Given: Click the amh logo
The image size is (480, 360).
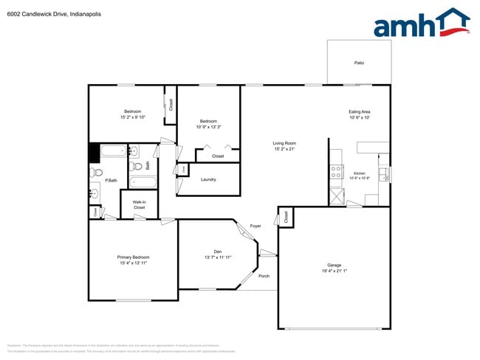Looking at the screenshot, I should click(421, 24).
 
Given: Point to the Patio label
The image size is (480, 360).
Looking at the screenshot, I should click(359, 63).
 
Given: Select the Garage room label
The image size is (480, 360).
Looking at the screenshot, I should click(334, 265).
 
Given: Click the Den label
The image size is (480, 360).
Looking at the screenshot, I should click(218, 252).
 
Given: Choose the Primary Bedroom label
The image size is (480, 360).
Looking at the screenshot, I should click(133, 257).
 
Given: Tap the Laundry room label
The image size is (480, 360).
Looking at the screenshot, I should click(208, 179).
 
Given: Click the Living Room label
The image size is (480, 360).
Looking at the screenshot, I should click(284, 143).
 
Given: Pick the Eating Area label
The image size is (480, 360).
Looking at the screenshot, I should click(359, 111).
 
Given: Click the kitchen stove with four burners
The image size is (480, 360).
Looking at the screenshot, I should click(336, 172).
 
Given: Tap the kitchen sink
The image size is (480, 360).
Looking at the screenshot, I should click(383, 174).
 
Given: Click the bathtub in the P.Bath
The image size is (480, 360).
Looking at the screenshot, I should click(114, 153).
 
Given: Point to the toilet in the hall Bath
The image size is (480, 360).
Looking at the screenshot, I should click(133, 153).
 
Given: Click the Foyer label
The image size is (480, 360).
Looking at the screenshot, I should click(256, 226).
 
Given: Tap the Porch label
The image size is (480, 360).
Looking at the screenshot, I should click(264, 276).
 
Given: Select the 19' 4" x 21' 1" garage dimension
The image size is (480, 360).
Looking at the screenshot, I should click(334, 271).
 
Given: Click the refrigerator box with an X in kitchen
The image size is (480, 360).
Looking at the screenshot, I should click(336, 196).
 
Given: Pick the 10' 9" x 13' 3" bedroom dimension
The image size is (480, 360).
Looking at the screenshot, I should click(208, 127).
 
